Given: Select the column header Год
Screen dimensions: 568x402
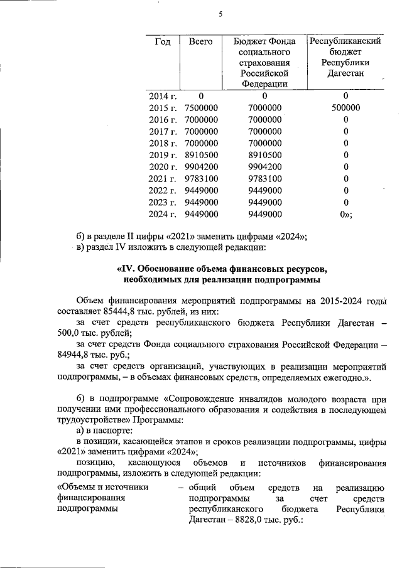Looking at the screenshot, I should coord(162,41).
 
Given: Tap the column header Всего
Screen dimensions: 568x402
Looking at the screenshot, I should coord(200,41).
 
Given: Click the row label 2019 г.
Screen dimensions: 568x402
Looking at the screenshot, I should coord(163,154).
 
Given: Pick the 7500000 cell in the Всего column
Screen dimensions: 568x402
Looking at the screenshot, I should coord(202,107).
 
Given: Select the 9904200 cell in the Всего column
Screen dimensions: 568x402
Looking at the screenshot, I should coord(202,166).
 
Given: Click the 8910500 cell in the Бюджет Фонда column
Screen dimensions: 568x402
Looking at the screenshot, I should coord(264,154).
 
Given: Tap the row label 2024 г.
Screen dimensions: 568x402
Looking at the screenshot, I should coord(163,214).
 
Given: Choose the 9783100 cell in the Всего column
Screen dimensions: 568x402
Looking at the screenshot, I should coord(202,178).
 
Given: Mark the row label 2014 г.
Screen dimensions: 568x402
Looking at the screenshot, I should coord(163,96).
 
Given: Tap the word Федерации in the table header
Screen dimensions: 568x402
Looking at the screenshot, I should coord(264,83).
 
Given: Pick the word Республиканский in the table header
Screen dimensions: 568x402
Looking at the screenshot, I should coord(345,41).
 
